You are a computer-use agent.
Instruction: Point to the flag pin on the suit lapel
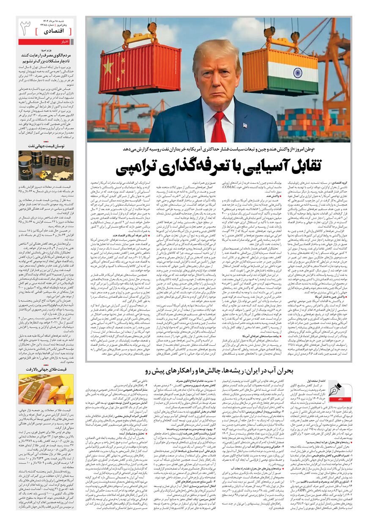(x=244, y=126)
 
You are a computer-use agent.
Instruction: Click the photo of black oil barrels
(x=46, y=165)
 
